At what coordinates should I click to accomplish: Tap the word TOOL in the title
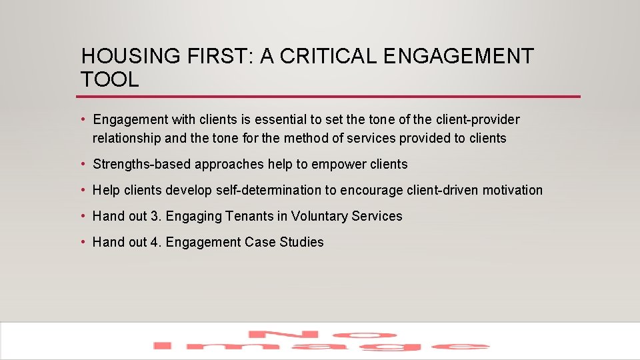[x=109, y=80]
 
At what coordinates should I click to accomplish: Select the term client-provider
[x=477, y=119]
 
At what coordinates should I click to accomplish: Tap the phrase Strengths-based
[x=142, y=164]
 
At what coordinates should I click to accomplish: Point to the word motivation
[x=512, y=190]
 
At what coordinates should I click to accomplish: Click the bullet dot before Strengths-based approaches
[x=83, y=164]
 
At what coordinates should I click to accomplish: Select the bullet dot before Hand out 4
[x=83, y=242]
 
